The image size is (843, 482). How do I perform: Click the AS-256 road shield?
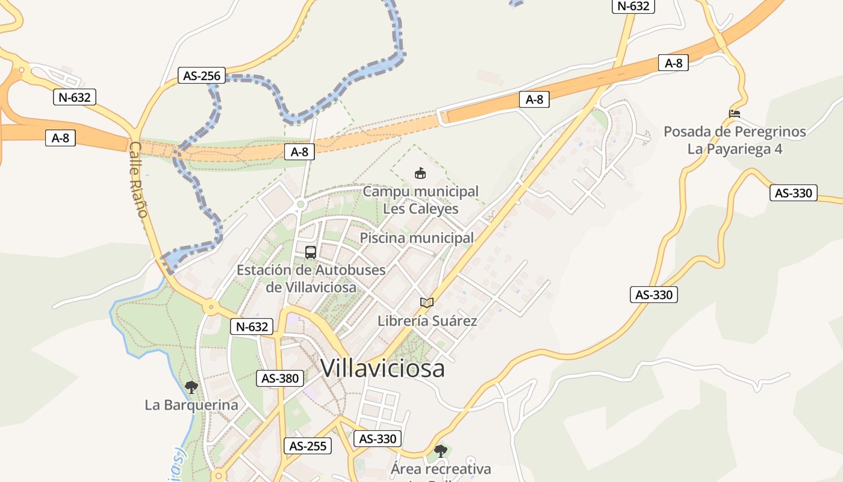click(202, 75)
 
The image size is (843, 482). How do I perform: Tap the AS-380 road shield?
click(280, 378)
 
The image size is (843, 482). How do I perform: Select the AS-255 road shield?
click(308, 446)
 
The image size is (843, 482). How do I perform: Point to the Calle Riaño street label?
click(138, 180)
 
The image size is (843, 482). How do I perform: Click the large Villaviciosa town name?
click(382, 368)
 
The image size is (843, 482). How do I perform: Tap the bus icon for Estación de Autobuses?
click(311, 252)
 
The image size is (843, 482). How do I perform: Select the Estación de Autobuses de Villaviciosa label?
click(311, 278)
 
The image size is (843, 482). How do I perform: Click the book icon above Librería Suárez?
click(427, 302)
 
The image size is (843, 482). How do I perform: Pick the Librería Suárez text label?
click(427, 321)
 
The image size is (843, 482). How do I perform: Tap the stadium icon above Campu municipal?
click(420, 174)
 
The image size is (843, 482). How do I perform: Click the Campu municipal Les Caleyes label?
click(420, 200)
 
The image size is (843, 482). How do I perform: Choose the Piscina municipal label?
click(417, 238)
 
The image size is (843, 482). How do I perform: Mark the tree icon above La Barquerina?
click(191, 387)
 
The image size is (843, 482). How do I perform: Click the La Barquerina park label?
click(191, 405)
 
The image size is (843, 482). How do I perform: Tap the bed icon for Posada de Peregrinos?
click(735, 113)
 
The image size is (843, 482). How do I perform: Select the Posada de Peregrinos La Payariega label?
click(735, 140)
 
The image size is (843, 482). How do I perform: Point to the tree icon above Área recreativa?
click(441, 451)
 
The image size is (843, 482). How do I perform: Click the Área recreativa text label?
click(441, 469)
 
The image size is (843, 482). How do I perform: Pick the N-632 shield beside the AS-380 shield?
click(252, 327)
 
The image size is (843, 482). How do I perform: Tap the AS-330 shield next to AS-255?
click(378, 439)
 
